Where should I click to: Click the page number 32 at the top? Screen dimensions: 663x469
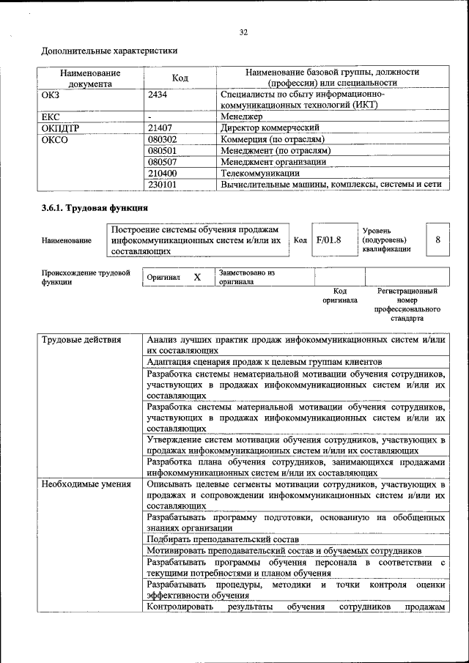click(243, 32)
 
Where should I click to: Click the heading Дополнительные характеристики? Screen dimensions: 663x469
click(109, 51)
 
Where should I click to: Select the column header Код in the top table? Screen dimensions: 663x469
click(180, 78)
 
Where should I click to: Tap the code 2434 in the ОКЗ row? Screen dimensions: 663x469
click(158, 95)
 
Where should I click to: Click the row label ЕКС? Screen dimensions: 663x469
click(51, 116)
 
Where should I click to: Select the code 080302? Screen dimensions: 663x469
click(163, 139)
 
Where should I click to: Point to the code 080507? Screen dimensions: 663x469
click(163, 162)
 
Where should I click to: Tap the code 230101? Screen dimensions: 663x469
click(163, 185)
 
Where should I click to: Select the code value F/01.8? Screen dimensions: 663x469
click(329, 240)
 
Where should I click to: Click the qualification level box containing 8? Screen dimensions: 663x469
click(437, 240)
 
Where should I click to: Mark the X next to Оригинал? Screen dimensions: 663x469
click(197, 278)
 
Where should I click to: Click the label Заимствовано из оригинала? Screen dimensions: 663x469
click(246, 277)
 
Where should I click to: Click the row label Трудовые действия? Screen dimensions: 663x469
click(81, 340)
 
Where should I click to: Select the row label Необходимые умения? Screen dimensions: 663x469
click(86, 484)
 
